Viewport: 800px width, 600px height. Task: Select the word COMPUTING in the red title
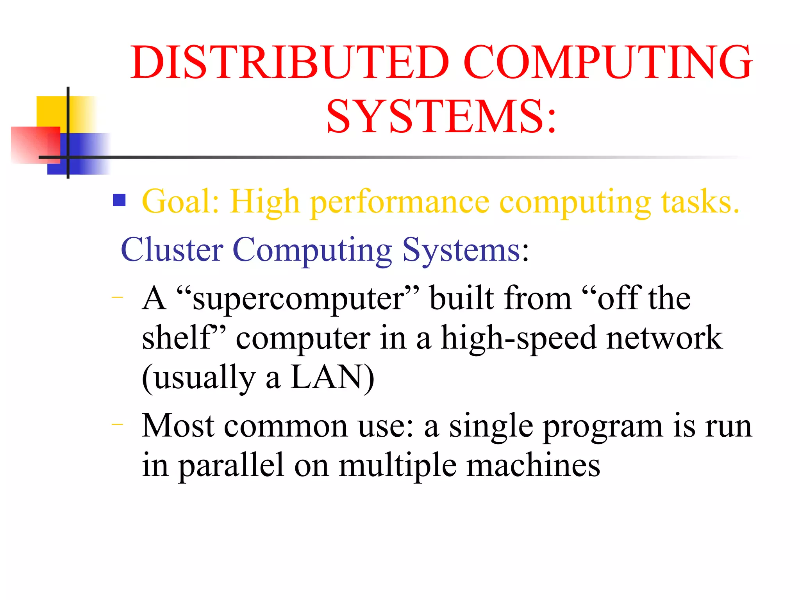[608, 62]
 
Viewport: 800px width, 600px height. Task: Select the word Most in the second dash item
[178, 426]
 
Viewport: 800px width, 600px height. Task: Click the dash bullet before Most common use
[117, 424]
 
